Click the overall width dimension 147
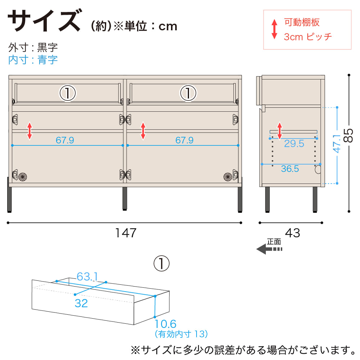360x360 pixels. (126, 233)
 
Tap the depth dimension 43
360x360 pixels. (292, 233)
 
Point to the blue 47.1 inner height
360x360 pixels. (337, 144)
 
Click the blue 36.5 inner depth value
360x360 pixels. (290, 169)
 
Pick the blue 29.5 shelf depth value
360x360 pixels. (294, 144)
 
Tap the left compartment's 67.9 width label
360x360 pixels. (65, 140)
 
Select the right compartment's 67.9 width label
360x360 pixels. (184, 140)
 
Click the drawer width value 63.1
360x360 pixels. (87, 276)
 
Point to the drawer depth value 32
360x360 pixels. (81, 303)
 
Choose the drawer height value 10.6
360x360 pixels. (165, 324)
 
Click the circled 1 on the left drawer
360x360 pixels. (68, 93)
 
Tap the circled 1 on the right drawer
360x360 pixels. (188, 93)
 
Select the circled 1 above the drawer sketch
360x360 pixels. (161, 264)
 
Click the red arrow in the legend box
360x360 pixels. (274, 29)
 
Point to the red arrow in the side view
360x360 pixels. (279, 131)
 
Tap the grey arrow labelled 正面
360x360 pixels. (269, 249)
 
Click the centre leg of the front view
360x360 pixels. (125, 199)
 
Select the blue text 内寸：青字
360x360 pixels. (33, 60)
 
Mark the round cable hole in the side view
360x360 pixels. (318, 170)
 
